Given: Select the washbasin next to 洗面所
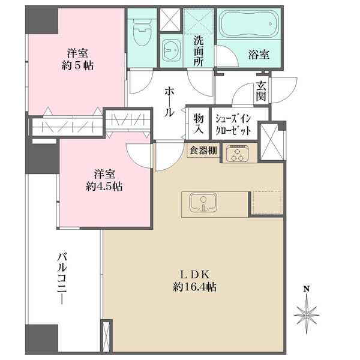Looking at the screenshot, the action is click(x=171, y=50).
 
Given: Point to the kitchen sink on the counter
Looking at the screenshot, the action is click(x=203, y=202).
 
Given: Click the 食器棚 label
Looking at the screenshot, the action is click(x=203, y=151).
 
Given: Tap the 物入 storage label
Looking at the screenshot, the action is click(x=199, y=123).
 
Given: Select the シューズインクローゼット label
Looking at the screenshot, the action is click(x=233, y=125).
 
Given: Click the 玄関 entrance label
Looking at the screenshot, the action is click(x=261, y=91).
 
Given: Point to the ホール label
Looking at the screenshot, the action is click(x=169, y=101).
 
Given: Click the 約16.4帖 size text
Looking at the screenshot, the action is click(x=194, y=287).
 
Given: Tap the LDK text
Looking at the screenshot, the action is click(x=194, y=274).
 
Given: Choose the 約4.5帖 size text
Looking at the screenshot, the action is click(x=104, y=187).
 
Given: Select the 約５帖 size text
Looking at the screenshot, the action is click(x=77, y=66).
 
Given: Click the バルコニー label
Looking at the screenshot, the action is click(x=62, y=279).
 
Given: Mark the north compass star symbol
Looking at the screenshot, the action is click(x=307, y=315).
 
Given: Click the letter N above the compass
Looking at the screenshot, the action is click(x=307, y=289).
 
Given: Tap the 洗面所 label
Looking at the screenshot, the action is click(x=199, y=51).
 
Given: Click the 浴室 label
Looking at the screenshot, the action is click(x=259, y=55).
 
